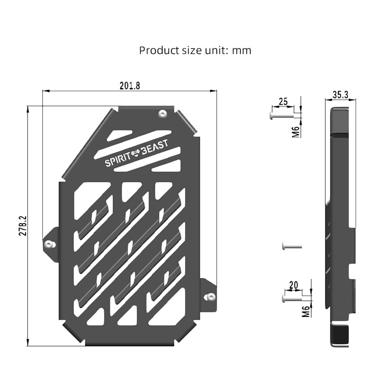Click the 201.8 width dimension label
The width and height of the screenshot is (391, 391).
[x=130, y=85]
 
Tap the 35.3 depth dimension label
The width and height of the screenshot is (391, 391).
[x=340, y=95]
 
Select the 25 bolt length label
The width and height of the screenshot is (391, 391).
[x=283, y=102]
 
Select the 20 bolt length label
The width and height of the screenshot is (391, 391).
[x=294, y=285]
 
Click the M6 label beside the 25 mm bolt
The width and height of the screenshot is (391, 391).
[x=296, y=131]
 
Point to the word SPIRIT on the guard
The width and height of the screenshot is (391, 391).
[x=119, y=162]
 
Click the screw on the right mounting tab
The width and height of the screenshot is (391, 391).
[x=211, y=297]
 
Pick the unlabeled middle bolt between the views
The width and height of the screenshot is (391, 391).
[x=290, y=245]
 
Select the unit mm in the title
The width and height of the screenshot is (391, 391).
[x=242, y=51]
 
